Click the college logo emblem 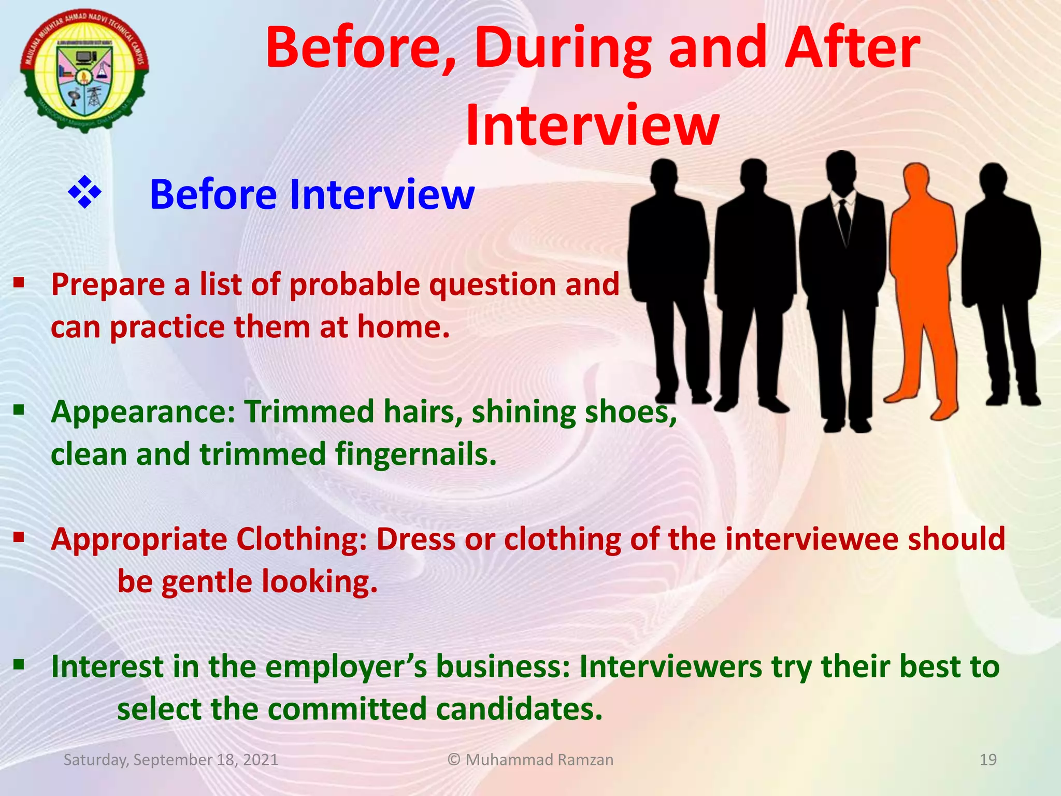pyautogui.click(x=84, y=70)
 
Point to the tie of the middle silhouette pyautogui.click(x=844, y=218)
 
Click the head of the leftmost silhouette pyautogui.click(x=664, y=176)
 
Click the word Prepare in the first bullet pyautogui.click(x=107, y=285)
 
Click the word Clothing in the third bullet pyautogui.click(x=302, y=539)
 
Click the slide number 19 pyautogui.click(x=988, y=760)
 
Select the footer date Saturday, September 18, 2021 pyautogui.click(x=171, y=760)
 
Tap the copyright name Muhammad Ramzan pyautogui.click(x=539, y=760)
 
